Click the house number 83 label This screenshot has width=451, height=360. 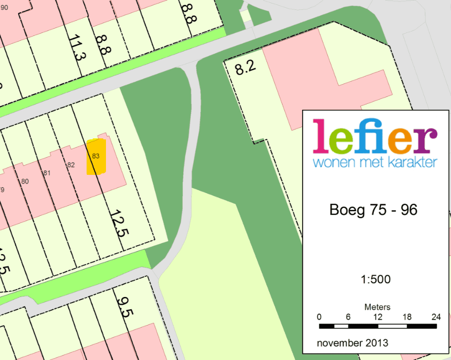[x=96, y=156]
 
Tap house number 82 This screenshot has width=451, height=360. [x=71, y=164]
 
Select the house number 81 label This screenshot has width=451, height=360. [x=47, y=173]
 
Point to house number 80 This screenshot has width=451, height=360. [x=25, y=181]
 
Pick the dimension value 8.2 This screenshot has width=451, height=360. [x=245, y=68]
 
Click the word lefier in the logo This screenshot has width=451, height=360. [x=375, y=136]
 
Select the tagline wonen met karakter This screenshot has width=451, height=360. [x=375, y=162]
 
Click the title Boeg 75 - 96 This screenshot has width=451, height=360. [x=373, y=210]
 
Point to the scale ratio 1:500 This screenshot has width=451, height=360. [x=376, y=280]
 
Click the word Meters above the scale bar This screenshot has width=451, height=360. [x=377, y=307]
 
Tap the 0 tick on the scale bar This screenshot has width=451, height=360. [x=319, y=317]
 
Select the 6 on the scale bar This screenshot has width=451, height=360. [x=348, y=317]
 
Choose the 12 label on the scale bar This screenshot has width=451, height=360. [x=377, y=317]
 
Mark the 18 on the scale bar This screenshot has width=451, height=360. [x=407, y=317]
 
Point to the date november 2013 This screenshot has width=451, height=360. [x=352, y=343]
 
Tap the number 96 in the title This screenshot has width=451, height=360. [x=409, y=210]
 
